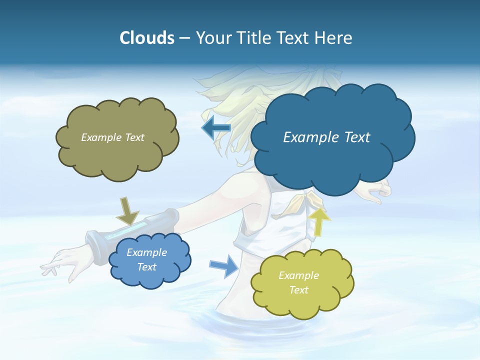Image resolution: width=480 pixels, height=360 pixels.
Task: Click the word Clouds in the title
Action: click(146, 38)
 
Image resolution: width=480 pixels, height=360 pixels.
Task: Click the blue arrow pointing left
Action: click(216, 128)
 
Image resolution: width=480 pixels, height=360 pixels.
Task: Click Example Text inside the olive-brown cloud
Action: click(112, 137)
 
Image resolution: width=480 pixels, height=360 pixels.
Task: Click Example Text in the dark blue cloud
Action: click(326, 137)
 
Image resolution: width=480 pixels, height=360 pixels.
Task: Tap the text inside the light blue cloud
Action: click(146, 260)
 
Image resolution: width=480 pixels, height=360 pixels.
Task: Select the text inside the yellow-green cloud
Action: click(298, 282)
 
